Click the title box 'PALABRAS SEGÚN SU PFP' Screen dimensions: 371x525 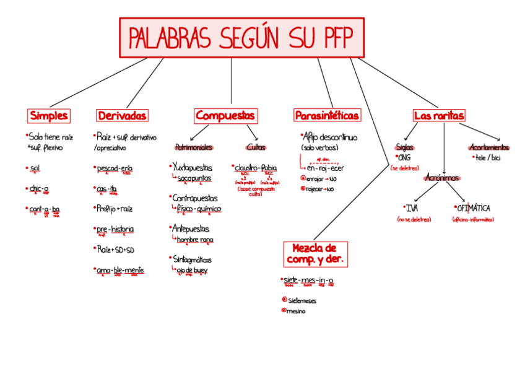(x=241, y=38)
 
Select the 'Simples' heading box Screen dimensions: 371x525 (x=49, y=116)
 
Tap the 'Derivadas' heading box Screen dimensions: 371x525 (x=123, y=116)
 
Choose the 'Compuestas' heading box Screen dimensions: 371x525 (x=225, y=116)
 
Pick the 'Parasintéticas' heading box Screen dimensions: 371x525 (x=327, y=116)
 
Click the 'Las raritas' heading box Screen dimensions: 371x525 (x=439, y=116)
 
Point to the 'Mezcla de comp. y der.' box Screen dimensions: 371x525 (x=315, y=254)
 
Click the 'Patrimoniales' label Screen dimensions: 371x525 (x=194, y=147)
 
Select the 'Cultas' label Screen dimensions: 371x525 (x=256, y=147)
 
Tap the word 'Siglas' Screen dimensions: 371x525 (x=405, y=147)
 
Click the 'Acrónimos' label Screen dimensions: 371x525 (x=442, y=178)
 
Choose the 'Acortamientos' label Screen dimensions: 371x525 (x=489, y=147)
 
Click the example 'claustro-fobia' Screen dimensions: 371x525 (x=256, y=168)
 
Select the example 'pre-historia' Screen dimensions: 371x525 (x=115, y=229)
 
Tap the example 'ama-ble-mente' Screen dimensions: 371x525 (x=120, y=270)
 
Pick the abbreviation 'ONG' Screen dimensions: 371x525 (x=405, y=157)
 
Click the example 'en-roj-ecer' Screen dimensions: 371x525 (x=326, y=168)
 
